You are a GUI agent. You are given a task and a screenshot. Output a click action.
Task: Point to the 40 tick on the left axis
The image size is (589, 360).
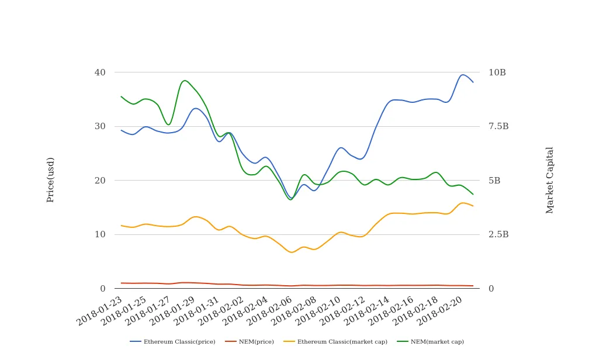101,72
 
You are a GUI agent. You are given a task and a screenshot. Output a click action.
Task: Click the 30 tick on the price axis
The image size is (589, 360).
101,126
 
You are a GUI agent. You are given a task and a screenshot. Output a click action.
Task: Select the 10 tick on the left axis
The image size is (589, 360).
101,234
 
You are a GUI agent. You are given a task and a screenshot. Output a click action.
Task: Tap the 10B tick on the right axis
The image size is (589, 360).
497,72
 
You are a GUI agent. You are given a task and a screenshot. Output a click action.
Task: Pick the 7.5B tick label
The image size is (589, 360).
498,126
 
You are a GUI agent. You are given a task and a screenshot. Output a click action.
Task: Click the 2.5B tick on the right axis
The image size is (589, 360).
498,234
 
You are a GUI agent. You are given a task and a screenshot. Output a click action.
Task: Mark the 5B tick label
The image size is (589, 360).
494,181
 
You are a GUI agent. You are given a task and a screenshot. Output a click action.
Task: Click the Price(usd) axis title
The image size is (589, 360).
51,179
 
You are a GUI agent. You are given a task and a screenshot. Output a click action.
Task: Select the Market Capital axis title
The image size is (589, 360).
550,180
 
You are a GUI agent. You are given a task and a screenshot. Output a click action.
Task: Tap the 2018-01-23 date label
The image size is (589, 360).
100,310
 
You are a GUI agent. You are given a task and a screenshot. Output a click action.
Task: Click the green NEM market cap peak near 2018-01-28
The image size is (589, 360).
185,81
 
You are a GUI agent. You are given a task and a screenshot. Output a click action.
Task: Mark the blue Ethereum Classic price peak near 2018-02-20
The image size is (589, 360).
463,74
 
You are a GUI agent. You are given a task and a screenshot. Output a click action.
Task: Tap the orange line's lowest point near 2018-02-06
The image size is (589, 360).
292,252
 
